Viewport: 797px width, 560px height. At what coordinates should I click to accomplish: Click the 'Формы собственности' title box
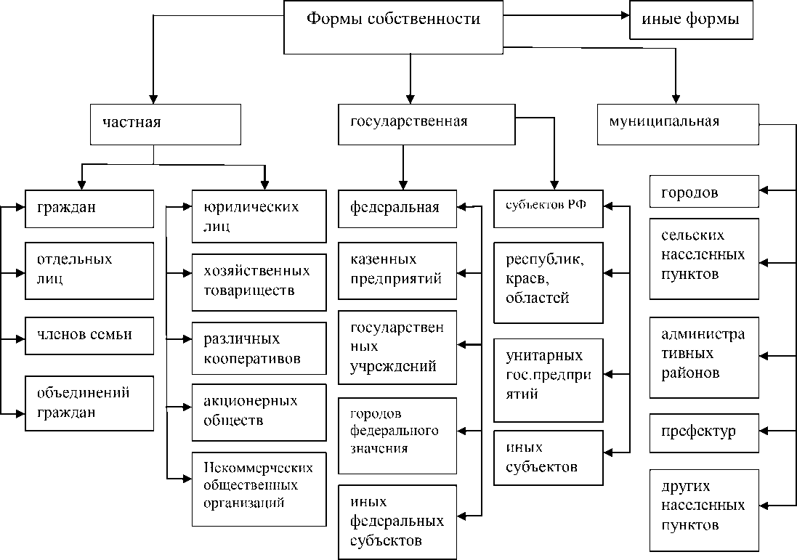(x=394, y=27)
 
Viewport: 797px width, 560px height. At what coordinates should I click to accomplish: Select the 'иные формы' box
(x=691, y=20)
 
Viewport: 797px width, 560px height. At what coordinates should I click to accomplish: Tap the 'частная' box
(x=166, y=124)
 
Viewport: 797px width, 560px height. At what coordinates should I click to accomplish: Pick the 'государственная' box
(x=427, y=124)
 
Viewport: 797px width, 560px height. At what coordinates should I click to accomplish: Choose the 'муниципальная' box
(x=678, y=124)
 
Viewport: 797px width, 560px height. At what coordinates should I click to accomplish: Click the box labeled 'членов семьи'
(x=89, y=336)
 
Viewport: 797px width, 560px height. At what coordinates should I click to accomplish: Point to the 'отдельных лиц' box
(x=89, y=271)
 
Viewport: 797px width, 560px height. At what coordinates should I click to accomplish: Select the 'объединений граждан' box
(x=89, y=404)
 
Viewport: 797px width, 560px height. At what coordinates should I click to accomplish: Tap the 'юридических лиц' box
(x=259, y=216)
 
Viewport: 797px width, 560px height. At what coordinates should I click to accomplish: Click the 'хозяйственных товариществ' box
(x=259, y=283)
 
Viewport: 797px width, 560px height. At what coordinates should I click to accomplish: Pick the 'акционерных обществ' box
(x=259, y=413)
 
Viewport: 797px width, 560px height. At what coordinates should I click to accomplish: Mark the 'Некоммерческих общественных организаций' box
(x=259, y=490)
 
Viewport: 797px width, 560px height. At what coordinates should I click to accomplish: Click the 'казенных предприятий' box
(x=397, y=271)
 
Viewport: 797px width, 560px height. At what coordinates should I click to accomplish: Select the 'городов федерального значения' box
(x=397, y=436)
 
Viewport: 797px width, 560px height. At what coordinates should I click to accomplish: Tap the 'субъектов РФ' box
(x=549, y=209)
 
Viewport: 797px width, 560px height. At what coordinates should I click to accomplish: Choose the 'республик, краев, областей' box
(x=549, y=283)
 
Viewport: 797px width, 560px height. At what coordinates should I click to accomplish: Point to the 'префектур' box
(x=705, y=434)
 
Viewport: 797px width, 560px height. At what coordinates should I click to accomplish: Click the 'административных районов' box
(x=705, y=358)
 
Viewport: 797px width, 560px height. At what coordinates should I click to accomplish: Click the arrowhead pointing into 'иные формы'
(x=625, y=16)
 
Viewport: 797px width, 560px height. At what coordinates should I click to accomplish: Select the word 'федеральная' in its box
(x=395, y=208)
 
